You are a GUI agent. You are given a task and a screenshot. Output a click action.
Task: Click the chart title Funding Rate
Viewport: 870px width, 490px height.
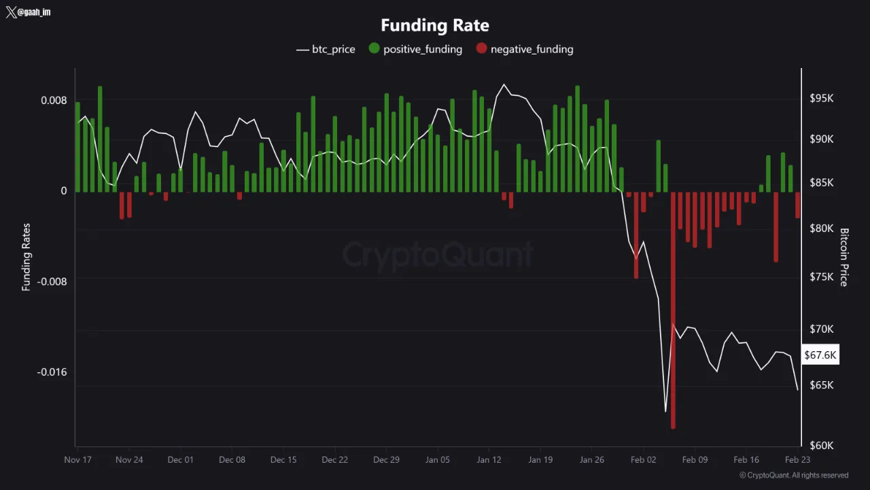pos(435,25)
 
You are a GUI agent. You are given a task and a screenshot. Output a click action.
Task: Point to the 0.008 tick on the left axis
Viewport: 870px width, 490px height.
pos(54,101)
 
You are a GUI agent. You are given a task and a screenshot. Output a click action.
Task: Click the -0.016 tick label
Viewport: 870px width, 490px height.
pos(52,372)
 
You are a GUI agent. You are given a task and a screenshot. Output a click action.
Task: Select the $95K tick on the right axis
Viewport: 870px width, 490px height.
pos(821,99)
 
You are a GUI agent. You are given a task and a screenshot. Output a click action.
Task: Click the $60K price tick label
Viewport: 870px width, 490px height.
pos(821,445)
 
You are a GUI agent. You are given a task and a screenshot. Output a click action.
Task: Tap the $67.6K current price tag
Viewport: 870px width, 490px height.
pos(820,355)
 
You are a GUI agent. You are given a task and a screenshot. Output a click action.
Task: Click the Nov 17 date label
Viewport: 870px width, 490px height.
pos(77,459)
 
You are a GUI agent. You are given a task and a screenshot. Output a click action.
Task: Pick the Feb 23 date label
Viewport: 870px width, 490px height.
pos(797,459)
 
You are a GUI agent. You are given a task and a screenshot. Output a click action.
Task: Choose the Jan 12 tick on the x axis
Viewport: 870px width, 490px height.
pos(489,459)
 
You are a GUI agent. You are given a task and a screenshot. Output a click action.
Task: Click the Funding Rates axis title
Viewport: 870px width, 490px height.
pos(27,257)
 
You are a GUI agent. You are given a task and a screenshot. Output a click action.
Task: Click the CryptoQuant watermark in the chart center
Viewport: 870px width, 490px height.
pos(437,255)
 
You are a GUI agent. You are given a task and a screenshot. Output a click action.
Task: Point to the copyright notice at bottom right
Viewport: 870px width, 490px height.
pos(794,475)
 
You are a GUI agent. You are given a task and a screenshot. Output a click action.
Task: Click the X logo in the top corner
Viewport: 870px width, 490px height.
pos(11,12)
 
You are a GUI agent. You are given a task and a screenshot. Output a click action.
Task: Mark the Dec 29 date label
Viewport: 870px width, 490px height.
pos(386,459)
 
